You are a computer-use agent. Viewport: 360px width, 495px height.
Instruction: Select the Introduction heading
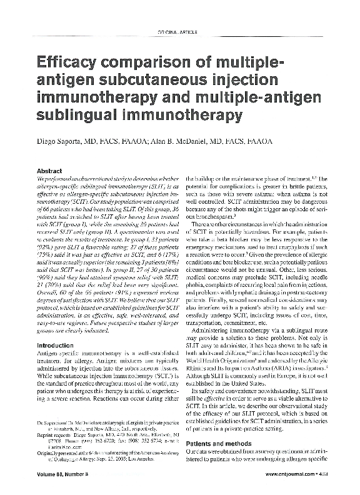pos(56,345)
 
